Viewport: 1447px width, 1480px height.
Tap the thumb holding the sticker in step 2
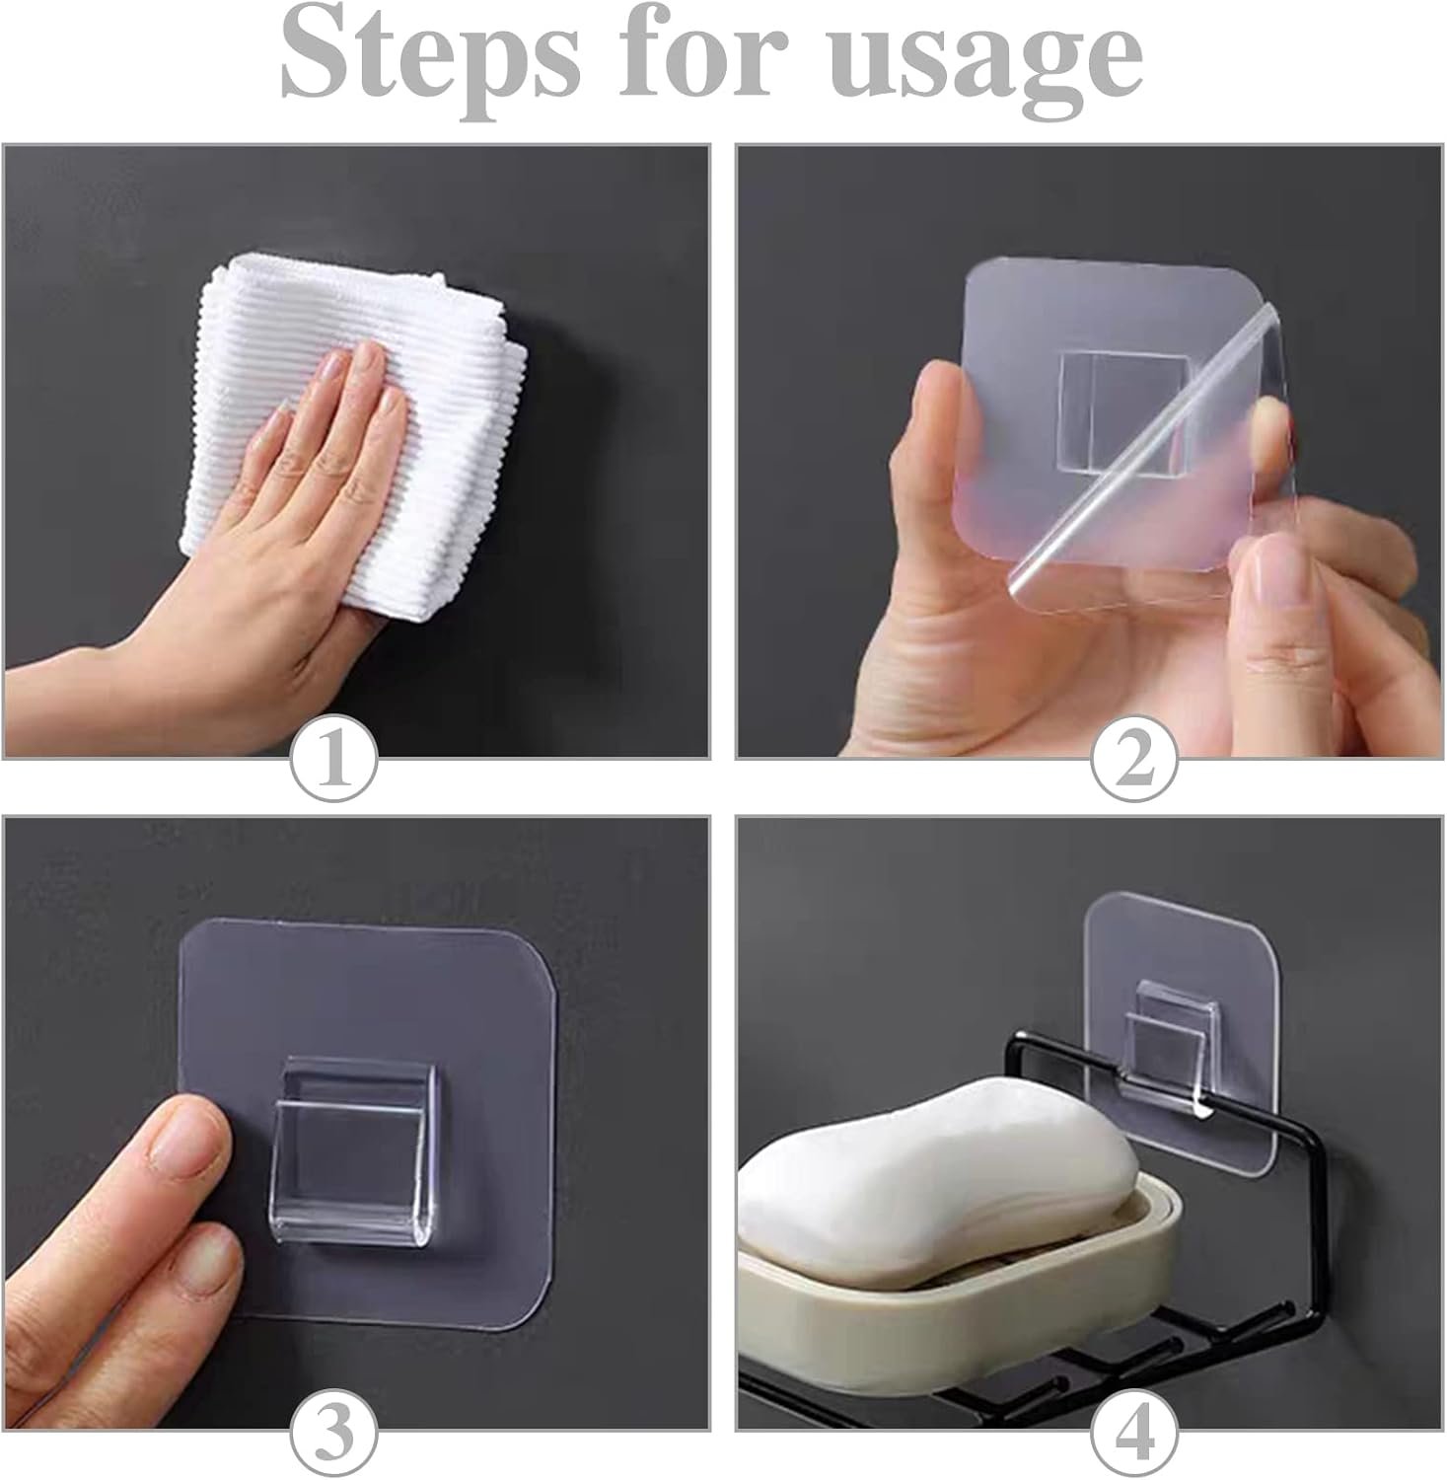[947, 434]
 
